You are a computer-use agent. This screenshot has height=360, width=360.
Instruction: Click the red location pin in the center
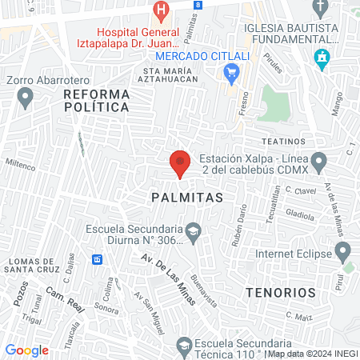tap(180, 162)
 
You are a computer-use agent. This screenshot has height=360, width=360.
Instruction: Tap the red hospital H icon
tap(162, 10)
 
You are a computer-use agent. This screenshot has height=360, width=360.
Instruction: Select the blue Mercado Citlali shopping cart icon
tap(232, 73)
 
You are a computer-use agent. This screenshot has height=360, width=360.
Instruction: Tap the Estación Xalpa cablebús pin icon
tap(319, 163)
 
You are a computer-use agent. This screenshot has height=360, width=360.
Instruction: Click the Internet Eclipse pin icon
tap(345, 254)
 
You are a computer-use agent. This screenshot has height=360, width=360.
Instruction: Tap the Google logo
tap(26, 350)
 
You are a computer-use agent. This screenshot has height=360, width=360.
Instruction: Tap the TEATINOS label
tap(284, 141)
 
